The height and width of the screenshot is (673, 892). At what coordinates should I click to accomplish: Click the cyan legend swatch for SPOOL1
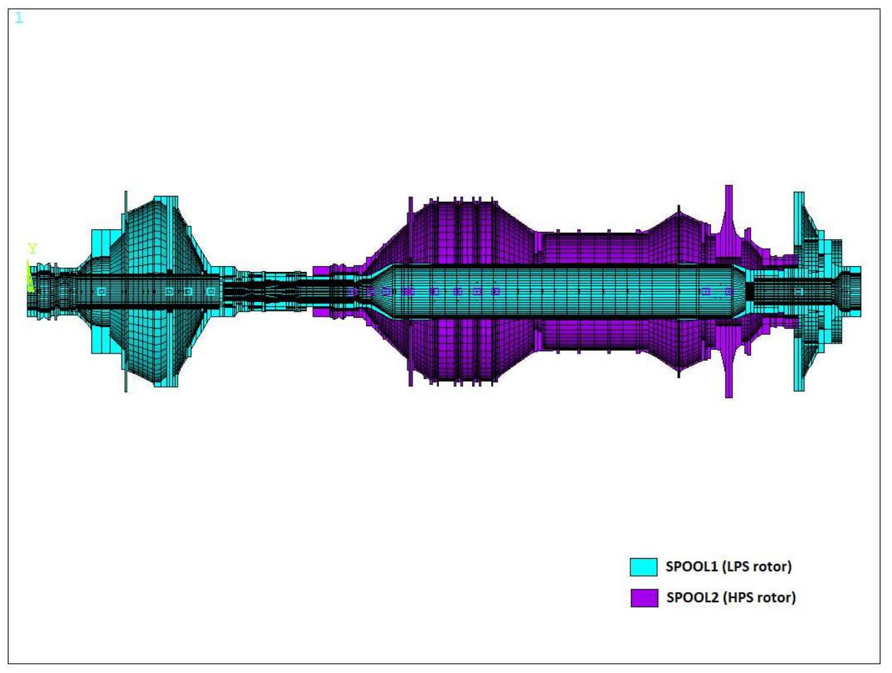[644, 567]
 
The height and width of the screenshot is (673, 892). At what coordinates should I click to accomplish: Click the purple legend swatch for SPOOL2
[644, 597]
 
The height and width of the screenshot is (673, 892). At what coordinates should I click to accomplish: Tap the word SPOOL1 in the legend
[691, 567]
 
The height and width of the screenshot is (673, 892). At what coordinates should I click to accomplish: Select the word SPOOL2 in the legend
[692, 597]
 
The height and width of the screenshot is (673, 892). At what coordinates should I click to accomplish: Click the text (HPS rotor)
[760, 597]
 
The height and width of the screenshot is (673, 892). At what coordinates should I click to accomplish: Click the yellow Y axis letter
[32, 249]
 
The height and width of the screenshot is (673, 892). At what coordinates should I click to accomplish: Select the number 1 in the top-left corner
[19, 18]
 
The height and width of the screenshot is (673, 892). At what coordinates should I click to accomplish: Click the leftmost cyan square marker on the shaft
[101, 291]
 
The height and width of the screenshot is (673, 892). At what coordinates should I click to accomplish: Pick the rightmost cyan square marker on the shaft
[799, 291]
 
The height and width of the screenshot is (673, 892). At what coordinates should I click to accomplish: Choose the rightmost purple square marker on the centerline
[728, 291]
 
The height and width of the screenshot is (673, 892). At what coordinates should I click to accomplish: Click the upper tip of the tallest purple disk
[728, 188]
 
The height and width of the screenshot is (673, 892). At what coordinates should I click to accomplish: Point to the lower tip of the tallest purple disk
[728, 395]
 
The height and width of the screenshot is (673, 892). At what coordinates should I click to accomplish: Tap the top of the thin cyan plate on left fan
[126, 193]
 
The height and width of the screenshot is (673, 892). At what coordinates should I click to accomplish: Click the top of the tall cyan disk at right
[799, 194]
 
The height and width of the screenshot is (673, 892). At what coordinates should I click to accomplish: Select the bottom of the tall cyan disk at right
[799, 389]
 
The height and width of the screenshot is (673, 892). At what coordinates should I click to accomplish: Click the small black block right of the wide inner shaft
[749, 291]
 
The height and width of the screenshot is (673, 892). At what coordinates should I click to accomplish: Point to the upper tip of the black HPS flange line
[679, 209]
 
